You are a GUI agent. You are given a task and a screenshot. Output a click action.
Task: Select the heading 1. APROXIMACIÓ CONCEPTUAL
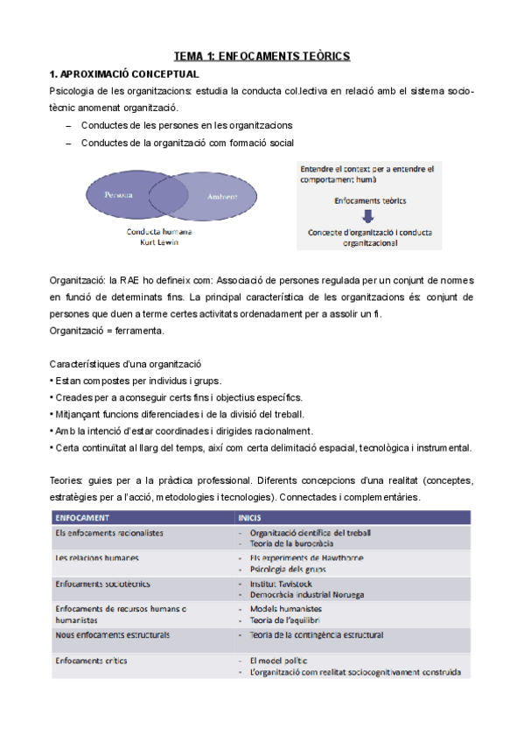click(123, 73)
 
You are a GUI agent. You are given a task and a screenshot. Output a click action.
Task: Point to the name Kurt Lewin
click(159, 241)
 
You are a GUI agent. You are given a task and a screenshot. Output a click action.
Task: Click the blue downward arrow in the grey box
click(369, 216)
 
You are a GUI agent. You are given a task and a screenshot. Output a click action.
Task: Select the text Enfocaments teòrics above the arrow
click(369, 200)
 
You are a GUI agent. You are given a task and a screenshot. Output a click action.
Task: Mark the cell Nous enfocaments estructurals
click(112, 634)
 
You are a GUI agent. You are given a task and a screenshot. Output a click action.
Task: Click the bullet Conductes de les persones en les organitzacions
click(186, 125)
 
